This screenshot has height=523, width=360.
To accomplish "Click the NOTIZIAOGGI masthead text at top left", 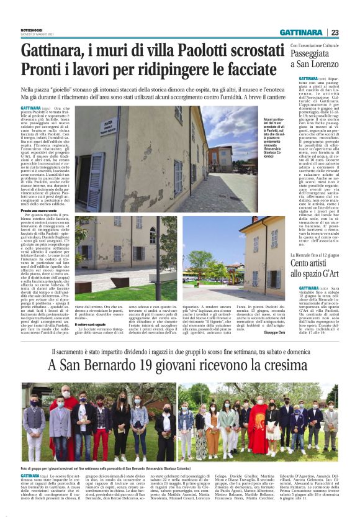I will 33,30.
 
